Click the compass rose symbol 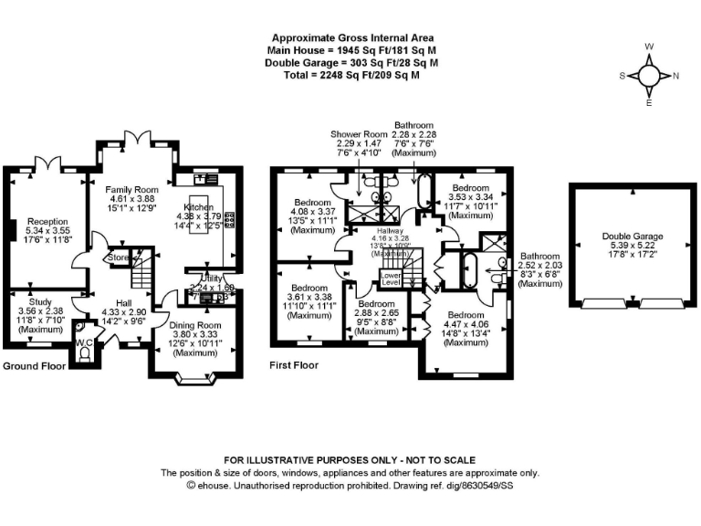pos(649,76)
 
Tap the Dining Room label pos(196,325)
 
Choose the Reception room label pos(47,221)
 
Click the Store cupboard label pos(119,258)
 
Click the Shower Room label pos(359,134)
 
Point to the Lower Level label pos(391,278)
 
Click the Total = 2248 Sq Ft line pos(351,75)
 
